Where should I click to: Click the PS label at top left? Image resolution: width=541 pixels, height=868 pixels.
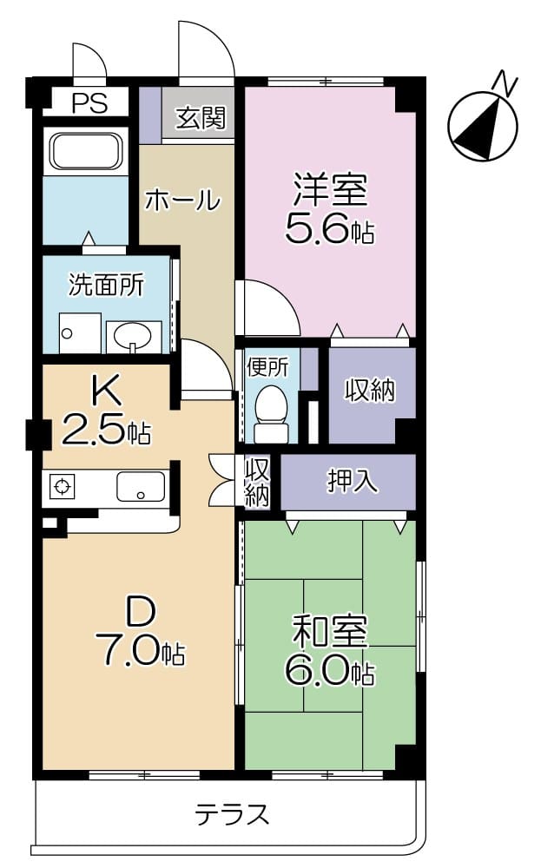click(89, 103)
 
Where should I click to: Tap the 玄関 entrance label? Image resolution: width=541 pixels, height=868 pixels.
click(201, 118)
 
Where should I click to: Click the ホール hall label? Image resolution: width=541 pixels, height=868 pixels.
click(182, 201)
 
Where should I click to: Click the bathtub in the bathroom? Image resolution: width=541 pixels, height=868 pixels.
click(84, 152)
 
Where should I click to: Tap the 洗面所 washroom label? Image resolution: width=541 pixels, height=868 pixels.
click(106, 284)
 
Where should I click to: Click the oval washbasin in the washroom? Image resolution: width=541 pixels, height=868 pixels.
click(133, 335)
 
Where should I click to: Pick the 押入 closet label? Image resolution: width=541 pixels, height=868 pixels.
click(352, 481)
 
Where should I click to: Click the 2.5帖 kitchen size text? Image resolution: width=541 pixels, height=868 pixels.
click(106, 431)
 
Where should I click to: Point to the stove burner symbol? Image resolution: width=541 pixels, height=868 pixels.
click(63, 488)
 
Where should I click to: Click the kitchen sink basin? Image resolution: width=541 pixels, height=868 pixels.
click(141, 489)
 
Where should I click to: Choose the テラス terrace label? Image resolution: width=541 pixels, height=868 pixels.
click(231, 814)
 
